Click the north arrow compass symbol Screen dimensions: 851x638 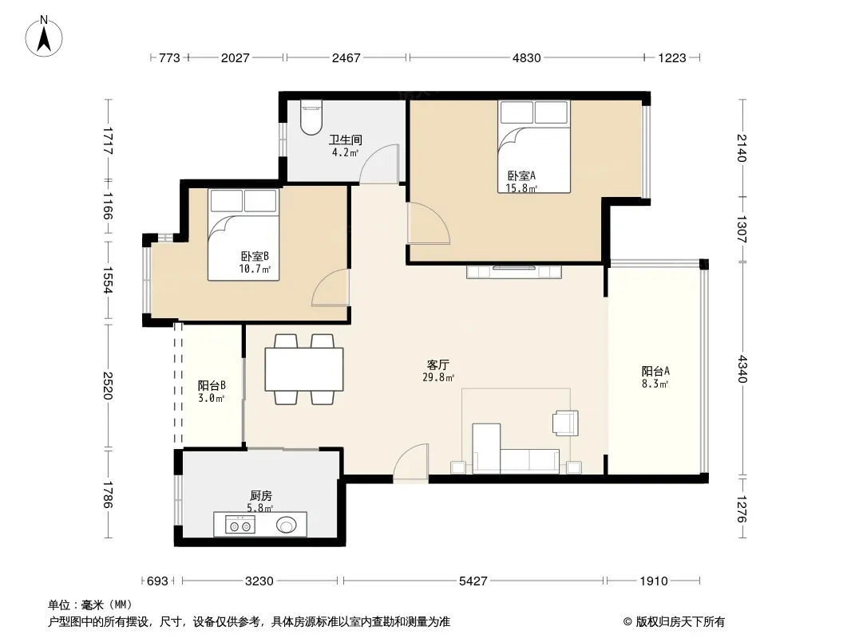44,37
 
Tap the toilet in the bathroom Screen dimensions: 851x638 311,117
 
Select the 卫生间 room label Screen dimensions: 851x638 345,140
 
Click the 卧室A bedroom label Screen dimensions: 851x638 521,175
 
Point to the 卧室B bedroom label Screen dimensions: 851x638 255,256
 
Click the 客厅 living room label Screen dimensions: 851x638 438,364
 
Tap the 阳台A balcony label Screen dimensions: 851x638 655,372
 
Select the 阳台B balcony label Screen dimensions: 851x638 212,385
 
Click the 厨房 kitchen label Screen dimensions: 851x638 260,495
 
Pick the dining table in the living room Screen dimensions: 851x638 304,369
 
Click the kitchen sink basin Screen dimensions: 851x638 287,524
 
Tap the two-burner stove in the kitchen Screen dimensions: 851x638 239,524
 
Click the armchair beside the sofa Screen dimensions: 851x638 565,423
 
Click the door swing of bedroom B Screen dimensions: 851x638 331,287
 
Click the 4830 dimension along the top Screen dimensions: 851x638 526,57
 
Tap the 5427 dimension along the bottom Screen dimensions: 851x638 473,581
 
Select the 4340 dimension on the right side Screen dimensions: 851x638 742,368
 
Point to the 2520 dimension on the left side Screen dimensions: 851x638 108,385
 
